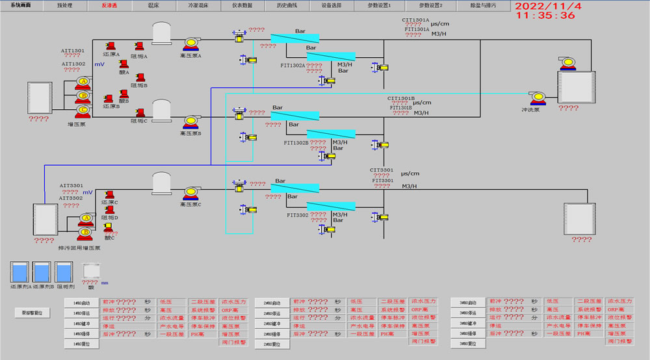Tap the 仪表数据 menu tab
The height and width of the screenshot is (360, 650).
[242, 5]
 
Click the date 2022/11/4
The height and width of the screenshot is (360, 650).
[545, 5]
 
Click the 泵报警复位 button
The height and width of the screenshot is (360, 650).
[32, 313]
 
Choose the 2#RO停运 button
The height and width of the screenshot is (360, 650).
[272, 313]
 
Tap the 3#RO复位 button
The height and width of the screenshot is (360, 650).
[468, 344]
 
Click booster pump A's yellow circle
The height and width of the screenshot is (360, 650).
[82, 82]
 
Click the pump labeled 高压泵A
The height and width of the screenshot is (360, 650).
[190, 44]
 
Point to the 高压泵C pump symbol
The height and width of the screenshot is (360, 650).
[190, 193]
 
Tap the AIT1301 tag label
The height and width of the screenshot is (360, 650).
[73, 50]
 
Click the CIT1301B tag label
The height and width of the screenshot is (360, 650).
[400, 99]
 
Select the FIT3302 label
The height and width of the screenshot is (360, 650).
[297, 214]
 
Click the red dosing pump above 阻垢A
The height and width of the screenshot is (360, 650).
[139, 45]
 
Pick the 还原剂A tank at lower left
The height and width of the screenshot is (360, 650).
[20, 272]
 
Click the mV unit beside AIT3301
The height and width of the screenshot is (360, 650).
[88, 192]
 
